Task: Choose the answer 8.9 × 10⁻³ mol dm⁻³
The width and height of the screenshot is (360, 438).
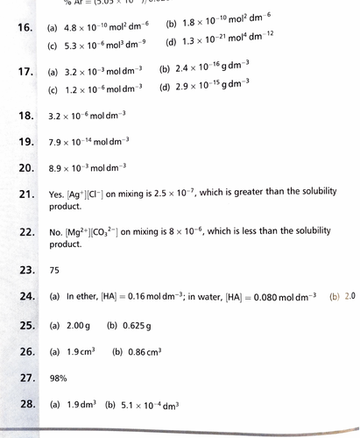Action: tap(88, 166)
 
